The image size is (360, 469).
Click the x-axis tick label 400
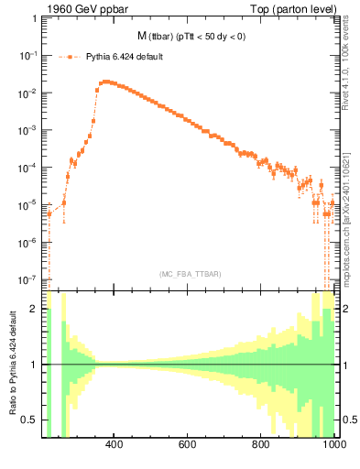[x=115, y=446]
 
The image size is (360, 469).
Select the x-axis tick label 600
[x=188, y=446]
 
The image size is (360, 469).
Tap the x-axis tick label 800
[x=261, y=446]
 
